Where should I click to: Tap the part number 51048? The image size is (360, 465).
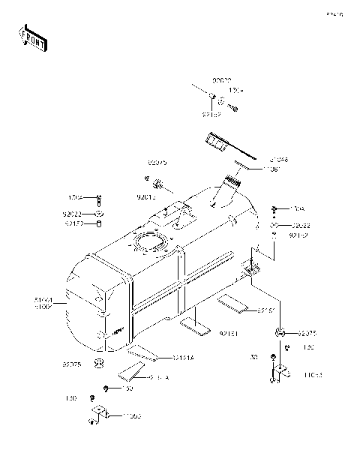pos(259,160)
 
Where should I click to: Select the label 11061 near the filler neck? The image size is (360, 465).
pos(258,169)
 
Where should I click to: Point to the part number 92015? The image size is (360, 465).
pos(145,197)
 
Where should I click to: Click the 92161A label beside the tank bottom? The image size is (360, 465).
pos(182,358)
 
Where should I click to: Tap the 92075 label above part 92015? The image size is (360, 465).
pos(157,162)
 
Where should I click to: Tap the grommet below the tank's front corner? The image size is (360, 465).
pos(97,364)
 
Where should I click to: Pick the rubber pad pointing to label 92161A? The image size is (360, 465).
pos(142,352)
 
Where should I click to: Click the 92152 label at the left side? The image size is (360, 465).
pos(73,223)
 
